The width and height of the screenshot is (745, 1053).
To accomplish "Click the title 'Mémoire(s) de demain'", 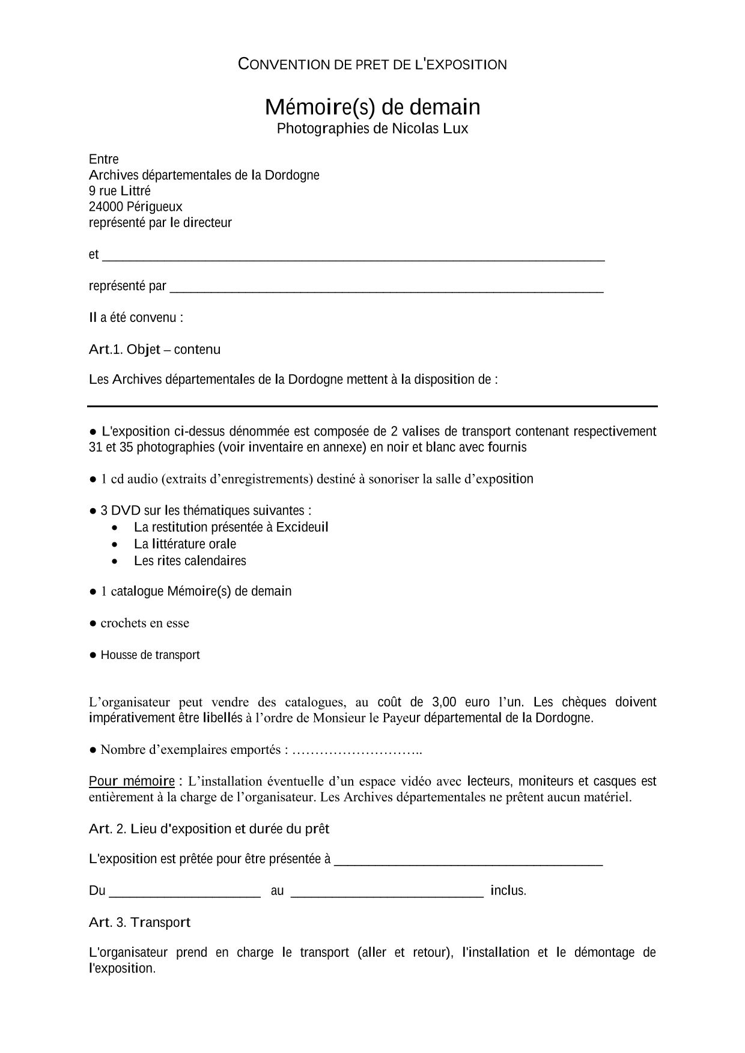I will click(372, 107).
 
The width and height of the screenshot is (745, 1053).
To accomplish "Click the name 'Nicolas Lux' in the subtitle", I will click(430, 129).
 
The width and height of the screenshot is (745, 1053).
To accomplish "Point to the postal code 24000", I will click(106, 207).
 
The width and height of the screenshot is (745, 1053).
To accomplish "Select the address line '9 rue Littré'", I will click(120, 191).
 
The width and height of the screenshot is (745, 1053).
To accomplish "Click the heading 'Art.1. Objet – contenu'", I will click(154, 350).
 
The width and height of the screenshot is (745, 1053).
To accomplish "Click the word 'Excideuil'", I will click(302, 527).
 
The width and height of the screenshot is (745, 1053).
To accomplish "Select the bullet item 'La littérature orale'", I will click(185, 544).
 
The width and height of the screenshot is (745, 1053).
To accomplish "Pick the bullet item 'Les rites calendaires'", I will click(190, 561).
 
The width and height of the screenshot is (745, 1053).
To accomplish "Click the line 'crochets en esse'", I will click(145, 624).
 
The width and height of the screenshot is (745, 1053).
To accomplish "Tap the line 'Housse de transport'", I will click(150, 655).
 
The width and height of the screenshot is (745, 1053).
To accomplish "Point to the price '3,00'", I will click(444, 702).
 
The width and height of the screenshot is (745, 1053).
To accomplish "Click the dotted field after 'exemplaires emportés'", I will click(357, 750).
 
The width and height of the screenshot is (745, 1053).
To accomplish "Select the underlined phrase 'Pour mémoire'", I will click(132, 781).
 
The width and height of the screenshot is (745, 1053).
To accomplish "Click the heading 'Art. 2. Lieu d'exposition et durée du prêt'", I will click(209, 829).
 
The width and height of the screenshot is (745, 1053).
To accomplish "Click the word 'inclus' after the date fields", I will click(507, 891).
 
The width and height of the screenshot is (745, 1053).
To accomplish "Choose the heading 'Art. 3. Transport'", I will click(139, 923).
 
